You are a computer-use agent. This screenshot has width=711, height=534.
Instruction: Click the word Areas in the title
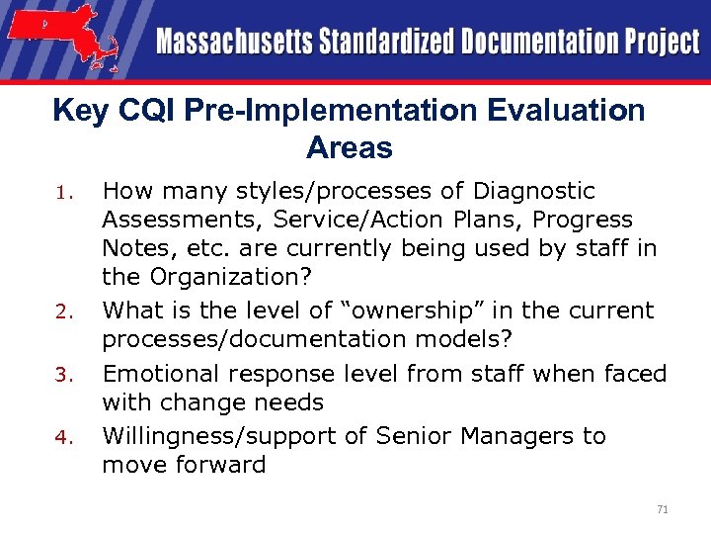(350, 148)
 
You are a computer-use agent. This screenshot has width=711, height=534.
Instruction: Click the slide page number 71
(662, 508)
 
